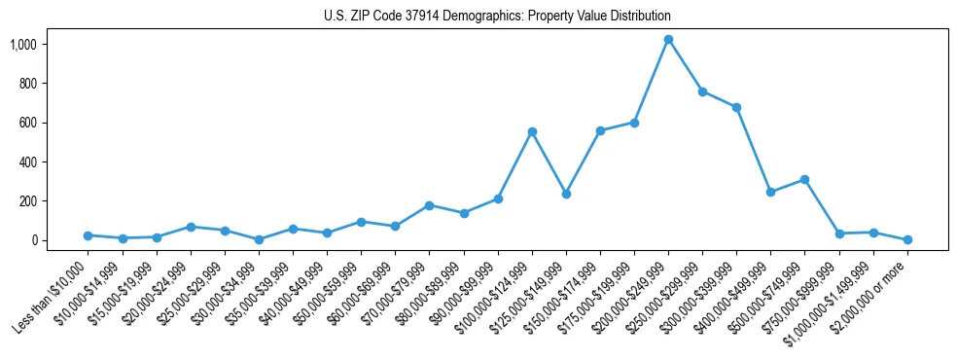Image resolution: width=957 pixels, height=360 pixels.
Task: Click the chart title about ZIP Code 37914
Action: [497, 17]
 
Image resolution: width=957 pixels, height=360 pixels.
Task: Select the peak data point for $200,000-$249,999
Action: [668, 40]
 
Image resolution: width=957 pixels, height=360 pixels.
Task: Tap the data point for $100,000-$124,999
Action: [532, 131]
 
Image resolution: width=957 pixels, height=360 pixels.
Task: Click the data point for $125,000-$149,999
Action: [566, 194]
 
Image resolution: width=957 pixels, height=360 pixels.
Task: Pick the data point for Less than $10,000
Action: [89, 235]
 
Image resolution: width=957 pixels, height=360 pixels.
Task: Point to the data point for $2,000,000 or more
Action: [907, 239]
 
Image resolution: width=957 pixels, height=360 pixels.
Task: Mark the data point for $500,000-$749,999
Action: [805, 179]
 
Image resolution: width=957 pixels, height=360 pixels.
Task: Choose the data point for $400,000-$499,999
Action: [771, 192]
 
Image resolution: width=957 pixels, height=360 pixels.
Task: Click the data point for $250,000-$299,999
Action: [702, 91]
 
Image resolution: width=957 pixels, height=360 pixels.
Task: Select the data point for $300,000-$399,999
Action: [736, 107]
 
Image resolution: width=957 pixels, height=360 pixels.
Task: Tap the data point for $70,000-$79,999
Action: [430, 205]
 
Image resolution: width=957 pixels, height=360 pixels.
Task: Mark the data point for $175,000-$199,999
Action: [634, 123]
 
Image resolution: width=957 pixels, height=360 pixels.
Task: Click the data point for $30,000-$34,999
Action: [259, 239]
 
